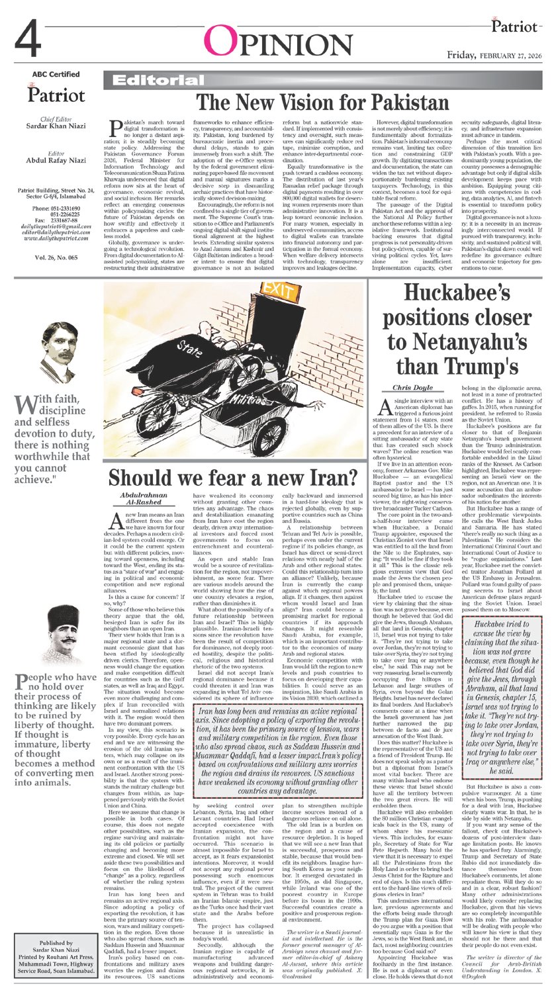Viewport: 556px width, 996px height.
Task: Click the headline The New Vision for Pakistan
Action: click(x=323, y=103)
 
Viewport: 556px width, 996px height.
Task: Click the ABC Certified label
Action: click(x=55, y=74)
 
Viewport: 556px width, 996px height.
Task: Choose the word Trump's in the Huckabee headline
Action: click(x=481, y=364)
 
